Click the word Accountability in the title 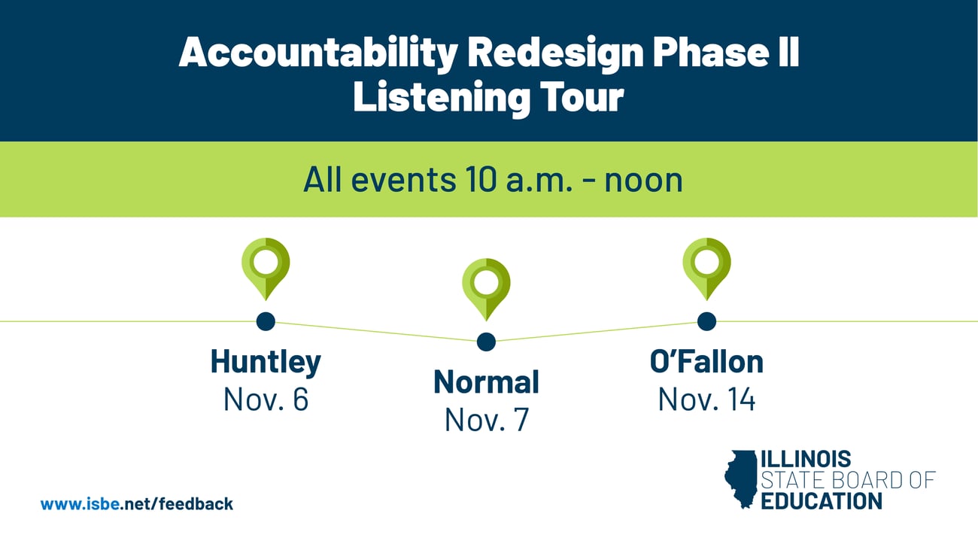point(317,54)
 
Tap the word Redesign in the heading point(554,54)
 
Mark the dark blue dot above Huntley point(266,321)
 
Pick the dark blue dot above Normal point(486,342)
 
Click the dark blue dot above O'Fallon point(706,321)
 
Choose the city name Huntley point(266,362)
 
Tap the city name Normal point(486,382)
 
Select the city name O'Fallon point(706,362)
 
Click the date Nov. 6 point(266,400)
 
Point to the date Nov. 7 point(486,420)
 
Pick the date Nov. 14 point(706,400)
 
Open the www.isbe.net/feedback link point(137,504)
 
